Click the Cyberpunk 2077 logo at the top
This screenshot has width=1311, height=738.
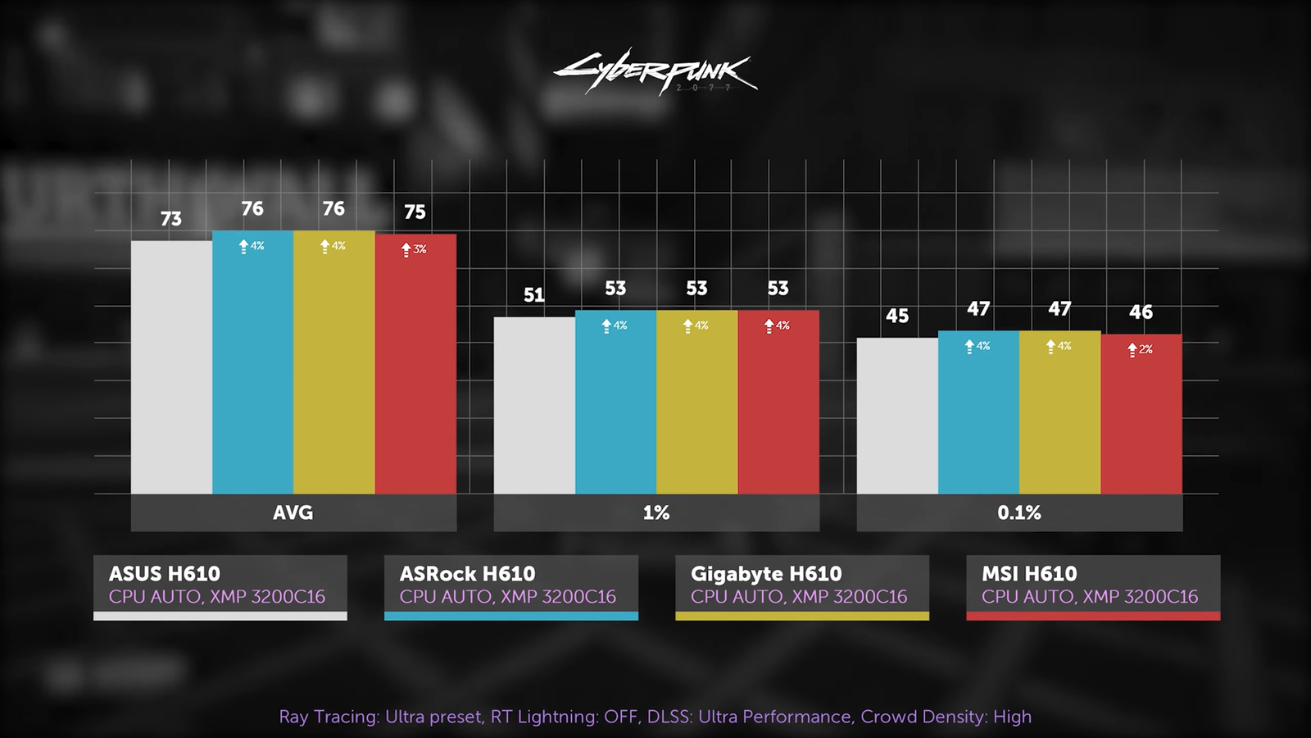pyautogui.click(x=655, y=73)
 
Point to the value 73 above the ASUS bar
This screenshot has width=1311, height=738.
pyautogui.click(x=171, y=219)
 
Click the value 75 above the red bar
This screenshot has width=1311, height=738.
pyautogui.click(x=415, y=212)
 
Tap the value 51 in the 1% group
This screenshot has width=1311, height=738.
pyautogui.click(x=534, y=295)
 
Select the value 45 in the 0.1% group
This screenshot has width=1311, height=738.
pyautogui.click(x=897, y=316)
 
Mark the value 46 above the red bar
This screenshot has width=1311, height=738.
pyautogui.click(x=1141, y=312)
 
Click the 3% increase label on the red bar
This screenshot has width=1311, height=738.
pyautogui.click(x=415, y=249)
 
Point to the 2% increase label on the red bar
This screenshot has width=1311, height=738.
pyautogui.click(x=1141, y=349)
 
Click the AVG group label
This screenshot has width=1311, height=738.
pyautogui.click(x=293, y=512)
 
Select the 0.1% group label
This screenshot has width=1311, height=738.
pyautogui.click(x=1019, y=512)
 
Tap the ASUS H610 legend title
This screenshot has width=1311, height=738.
pyautogui.click(x=165, y=573)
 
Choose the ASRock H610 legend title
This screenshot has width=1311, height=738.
pyautogui.click(x=467, y=573)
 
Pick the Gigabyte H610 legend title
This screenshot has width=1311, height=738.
pyautogui.click(x=766, y=573)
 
